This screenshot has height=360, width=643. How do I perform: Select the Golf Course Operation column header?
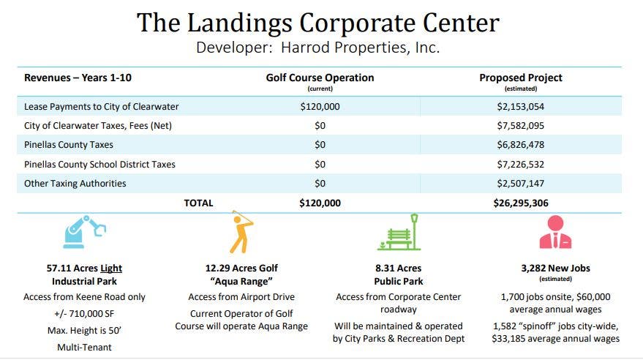(320, 78)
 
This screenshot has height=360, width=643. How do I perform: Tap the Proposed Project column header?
(521, 78)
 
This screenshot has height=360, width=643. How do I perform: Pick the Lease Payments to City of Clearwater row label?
(101, 106)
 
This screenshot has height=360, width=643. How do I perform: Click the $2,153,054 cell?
(520, 106)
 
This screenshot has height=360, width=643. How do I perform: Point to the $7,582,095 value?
(520, 125)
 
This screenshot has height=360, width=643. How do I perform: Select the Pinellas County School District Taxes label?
(99, 164)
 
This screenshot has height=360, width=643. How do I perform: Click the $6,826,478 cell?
(520, 145)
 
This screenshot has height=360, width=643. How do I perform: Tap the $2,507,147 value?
(520, 183)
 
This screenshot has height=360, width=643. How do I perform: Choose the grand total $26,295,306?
(520, 203)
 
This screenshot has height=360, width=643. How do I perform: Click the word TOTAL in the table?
(198, 203)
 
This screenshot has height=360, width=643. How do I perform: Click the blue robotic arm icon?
(85, 233)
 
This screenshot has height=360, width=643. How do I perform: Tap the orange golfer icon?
(241, 232)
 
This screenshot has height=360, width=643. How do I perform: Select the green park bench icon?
(399, 233)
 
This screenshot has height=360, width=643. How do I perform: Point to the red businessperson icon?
(555, 233)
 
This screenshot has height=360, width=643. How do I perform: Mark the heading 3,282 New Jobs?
(555, 269)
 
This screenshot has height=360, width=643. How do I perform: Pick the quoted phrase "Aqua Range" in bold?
(241, 282)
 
